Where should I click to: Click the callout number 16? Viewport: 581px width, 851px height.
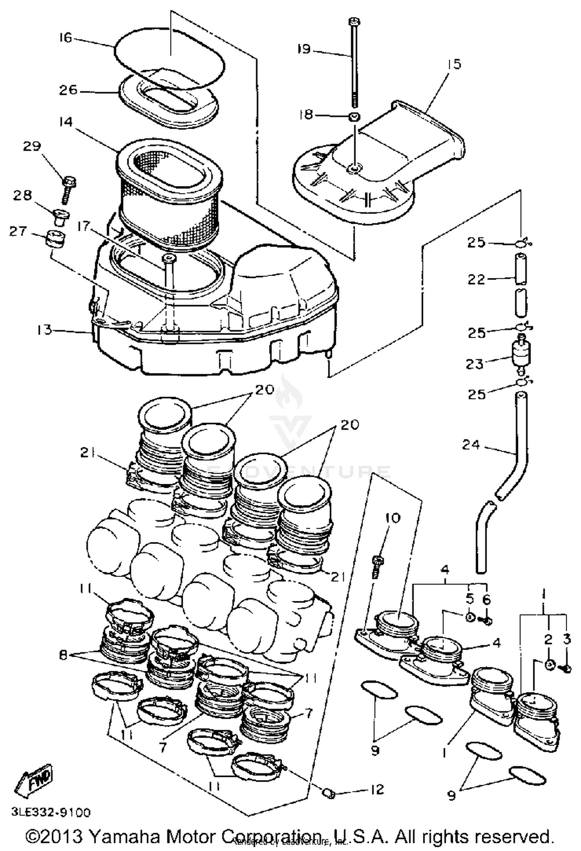coord(65,38)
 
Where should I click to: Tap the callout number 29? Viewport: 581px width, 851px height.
coord(32,147)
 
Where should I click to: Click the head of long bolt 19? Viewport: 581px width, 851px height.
coord(354,22)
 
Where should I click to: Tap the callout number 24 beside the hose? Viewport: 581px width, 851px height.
coord(471,445)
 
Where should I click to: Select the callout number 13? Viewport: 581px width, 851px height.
coord(45,330)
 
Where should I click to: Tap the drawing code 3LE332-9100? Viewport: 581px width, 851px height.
coord(51,812)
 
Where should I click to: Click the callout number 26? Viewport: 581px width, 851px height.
coord(68,90)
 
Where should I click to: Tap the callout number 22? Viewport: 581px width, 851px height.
coord(476,279)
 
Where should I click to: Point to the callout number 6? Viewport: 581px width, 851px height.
coord(486,599)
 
